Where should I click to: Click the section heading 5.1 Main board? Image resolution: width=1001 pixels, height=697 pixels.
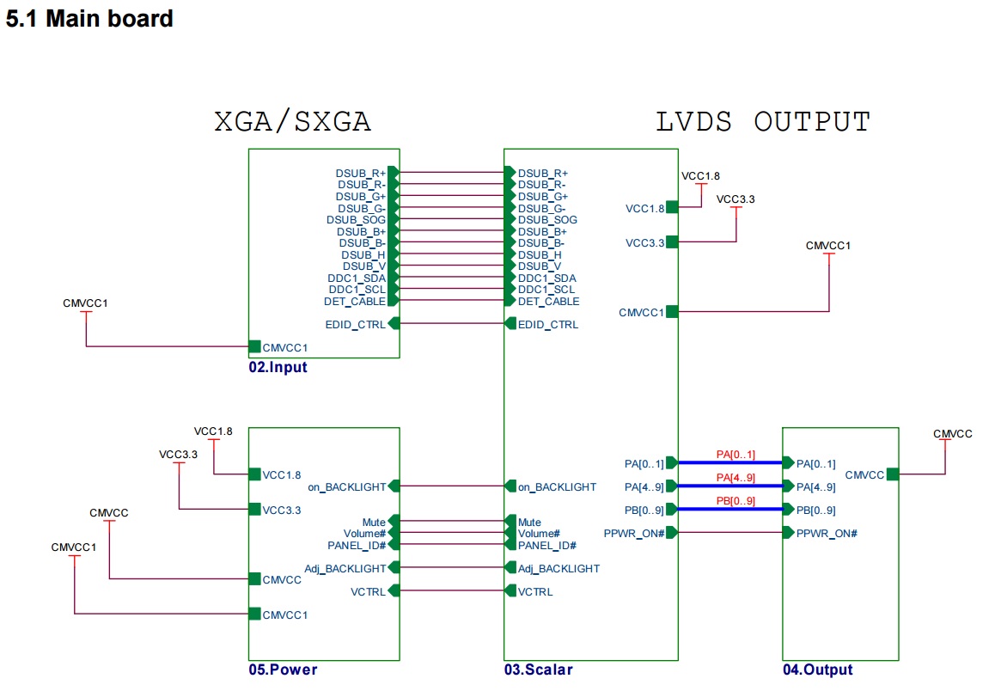click(x=89, y=18)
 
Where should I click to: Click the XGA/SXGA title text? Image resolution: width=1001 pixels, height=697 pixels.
click(x=292, y=122)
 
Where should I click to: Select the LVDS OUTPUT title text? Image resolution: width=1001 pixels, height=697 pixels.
click(x=763, y=122)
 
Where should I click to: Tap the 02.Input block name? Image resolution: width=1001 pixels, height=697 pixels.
click(x=278, y=368)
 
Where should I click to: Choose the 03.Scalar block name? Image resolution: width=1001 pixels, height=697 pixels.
click(x=538, y=670)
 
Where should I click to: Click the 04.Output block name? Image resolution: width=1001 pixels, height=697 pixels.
click(x=817, y=670)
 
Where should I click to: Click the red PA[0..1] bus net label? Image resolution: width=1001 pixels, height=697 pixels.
click(x=735, y=454)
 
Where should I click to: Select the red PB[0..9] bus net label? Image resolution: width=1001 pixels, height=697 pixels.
click(x=735, y=501)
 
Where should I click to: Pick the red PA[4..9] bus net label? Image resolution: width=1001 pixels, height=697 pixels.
click(x=735, y=478)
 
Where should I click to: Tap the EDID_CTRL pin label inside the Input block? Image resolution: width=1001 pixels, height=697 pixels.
click(x=356, y=324)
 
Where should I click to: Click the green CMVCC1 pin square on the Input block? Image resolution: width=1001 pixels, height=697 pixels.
click(x=254, y=347)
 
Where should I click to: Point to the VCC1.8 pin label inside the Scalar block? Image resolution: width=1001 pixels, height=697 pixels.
click(x=644, y=208)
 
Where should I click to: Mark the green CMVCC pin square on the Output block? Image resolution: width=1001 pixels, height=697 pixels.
click(x=893, y=474)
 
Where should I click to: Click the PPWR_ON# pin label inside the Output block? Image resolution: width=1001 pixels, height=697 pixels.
click(x=827, y=533)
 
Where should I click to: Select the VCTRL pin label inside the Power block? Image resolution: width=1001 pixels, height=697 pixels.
click(x=369, y=591)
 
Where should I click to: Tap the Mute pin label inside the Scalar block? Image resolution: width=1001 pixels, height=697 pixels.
click(x=529, y=522)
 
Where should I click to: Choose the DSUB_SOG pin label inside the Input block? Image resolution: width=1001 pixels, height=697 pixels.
click(x=356, y=220)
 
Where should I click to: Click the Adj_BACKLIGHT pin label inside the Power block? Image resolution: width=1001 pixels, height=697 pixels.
click(x=345, y=568)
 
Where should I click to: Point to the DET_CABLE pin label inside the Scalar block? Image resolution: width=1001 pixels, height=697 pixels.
click(x=548, y=301)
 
